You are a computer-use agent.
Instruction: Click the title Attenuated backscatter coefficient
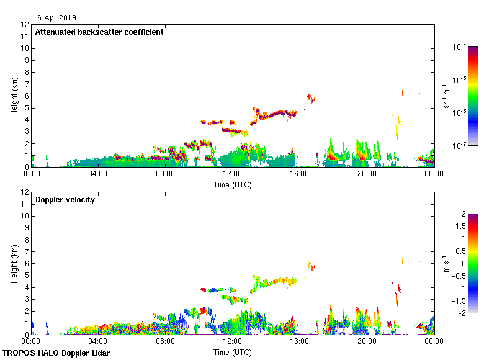99,32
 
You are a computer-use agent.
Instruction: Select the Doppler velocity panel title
65,199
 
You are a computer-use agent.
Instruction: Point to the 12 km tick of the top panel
25,25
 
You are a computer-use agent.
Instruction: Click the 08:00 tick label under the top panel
165,174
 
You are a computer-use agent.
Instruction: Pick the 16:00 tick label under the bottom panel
300,341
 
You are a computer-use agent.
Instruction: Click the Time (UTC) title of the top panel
232,184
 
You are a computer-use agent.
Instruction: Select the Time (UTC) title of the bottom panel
232,352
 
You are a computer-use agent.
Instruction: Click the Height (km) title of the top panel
14,96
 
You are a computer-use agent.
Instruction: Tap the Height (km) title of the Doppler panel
14,263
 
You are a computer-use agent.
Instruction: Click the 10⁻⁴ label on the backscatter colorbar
459,47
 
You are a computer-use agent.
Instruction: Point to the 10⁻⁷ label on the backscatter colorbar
459,146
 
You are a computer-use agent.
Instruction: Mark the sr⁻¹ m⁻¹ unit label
447,96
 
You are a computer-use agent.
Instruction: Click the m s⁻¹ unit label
447,263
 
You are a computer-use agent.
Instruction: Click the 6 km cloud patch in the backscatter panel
311,97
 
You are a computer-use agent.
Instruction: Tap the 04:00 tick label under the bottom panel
98,341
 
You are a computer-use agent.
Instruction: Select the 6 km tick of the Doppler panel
25,263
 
